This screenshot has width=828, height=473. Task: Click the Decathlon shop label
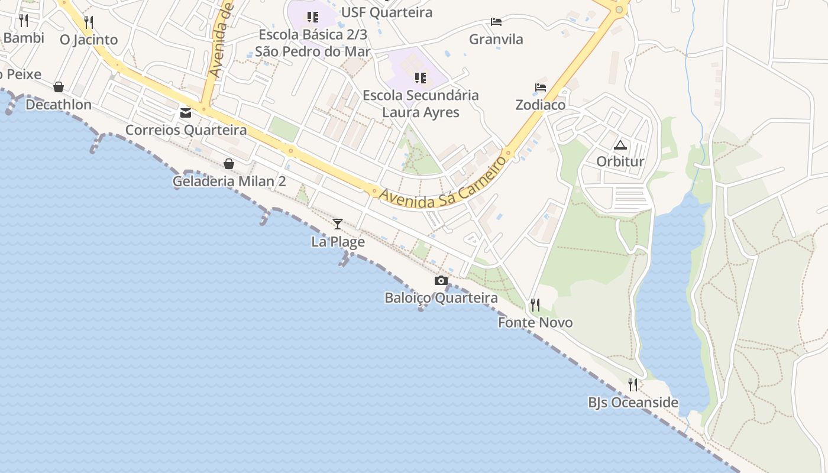point(59,105)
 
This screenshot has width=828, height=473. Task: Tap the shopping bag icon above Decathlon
point(59,88)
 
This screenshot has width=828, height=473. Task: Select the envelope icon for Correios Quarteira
point(186,112)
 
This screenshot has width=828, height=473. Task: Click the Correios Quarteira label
point(186,129)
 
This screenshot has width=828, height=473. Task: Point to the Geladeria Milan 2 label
point(229,181)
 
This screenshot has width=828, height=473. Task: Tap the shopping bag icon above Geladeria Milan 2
point(229,164)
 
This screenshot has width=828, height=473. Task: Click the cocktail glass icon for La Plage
point(338,223)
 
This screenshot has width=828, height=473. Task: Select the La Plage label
point(338,242)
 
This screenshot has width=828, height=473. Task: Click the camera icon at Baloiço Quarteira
point(441,280)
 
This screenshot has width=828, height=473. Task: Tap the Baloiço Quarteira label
point(441,298)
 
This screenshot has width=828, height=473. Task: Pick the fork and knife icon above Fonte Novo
point(535,305)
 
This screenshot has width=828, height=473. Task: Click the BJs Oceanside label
point(633,403)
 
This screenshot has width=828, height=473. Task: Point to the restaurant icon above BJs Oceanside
point(633,385)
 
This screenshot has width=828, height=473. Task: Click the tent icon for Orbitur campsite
point(620,145)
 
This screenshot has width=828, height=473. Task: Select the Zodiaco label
point(540,105)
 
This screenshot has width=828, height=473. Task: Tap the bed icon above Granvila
point(496,22)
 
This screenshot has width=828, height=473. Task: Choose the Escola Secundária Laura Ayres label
point(421,103)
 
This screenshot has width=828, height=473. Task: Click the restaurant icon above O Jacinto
point(89,22)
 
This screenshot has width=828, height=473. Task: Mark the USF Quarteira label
point(387,12)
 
